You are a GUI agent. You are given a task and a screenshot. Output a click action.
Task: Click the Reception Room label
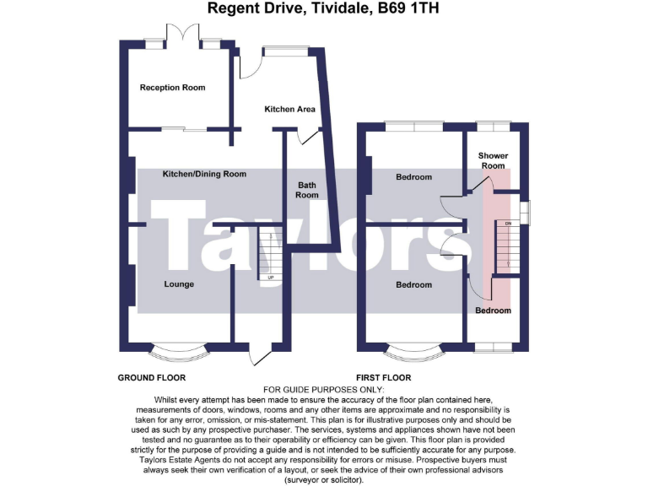[x=172, y=88]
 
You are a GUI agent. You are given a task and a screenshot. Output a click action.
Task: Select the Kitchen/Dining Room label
[x=204, y=174]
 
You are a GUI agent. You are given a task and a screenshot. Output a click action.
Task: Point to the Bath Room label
[x=307, y=190]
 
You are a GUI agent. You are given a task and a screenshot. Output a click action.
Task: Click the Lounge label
[x=179, y=284]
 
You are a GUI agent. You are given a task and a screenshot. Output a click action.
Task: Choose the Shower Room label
[x=493, y=160]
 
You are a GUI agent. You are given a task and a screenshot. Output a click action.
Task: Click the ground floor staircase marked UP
[x=270, y=253]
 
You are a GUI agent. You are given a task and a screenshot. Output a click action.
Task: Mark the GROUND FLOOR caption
[x=151, y=377]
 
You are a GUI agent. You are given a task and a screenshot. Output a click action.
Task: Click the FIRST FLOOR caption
[x=384, y=377]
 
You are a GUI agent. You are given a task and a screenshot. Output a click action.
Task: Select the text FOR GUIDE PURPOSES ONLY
[x=323, y=388]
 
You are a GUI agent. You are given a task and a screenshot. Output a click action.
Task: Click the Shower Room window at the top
[x=493, y=127]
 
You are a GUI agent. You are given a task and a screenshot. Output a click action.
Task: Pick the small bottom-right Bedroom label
[x=493, y=310]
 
